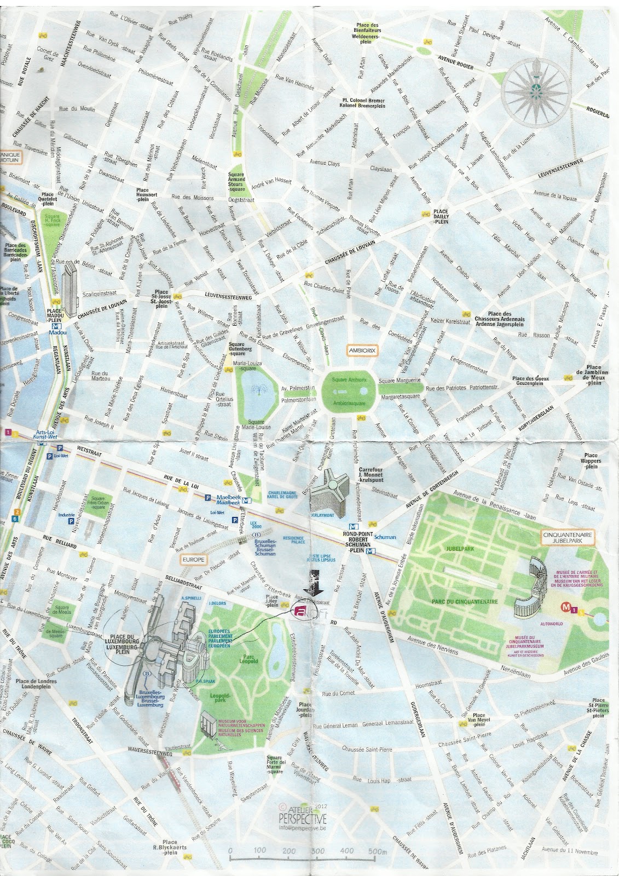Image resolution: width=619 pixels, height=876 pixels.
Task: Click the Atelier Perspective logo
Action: tap(302, 816)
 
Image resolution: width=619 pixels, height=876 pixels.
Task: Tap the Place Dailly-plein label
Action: tap(441, 216)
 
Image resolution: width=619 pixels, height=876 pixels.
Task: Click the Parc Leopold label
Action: tap(248, 659)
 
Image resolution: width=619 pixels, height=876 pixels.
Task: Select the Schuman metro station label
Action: tap(385, 537)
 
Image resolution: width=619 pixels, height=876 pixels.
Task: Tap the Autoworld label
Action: tap(551, 624)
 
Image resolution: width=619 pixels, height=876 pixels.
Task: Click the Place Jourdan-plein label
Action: tap(305, 710)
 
